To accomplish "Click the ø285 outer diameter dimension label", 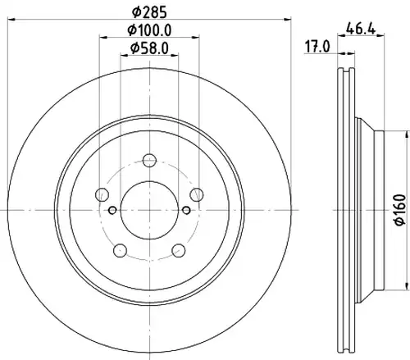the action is coord(149,12).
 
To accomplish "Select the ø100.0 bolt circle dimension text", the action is coord(149,30).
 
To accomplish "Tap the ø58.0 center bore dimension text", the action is coord(149,48).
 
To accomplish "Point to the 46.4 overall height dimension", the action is coord(361,29).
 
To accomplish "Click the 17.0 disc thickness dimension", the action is coord(317,47).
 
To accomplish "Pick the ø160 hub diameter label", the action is coord(401,210).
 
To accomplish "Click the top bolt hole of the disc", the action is coord(149,161).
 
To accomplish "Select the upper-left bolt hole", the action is coord(102,194).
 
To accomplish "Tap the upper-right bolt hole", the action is coord(197,194).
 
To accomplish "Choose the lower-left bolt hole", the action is coord(120,250).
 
